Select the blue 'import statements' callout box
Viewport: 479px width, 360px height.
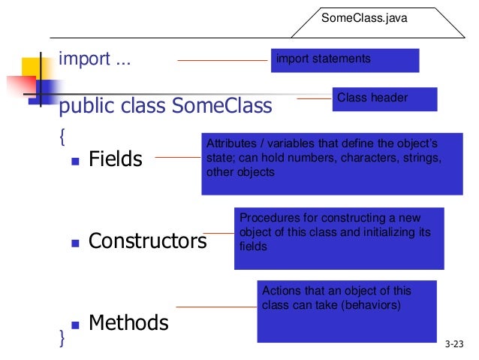coord(345,59)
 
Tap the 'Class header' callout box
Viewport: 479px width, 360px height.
coord(384,98)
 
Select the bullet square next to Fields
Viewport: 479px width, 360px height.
coord(75,160)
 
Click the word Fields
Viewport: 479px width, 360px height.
coord(115,159)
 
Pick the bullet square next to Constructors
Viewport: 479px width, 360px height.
coord(75,243)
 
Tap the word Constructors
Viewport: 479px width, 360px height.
coord(147,241)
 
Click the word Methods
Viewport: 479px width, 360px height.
coord(128,323)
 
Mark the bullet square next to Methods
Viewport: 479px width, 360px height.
coord(75,325)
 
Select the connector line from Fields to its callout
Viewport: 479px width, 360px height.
coord(176,158)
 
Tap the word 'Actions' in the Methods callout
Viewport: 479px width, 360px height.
coord(278,291)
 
